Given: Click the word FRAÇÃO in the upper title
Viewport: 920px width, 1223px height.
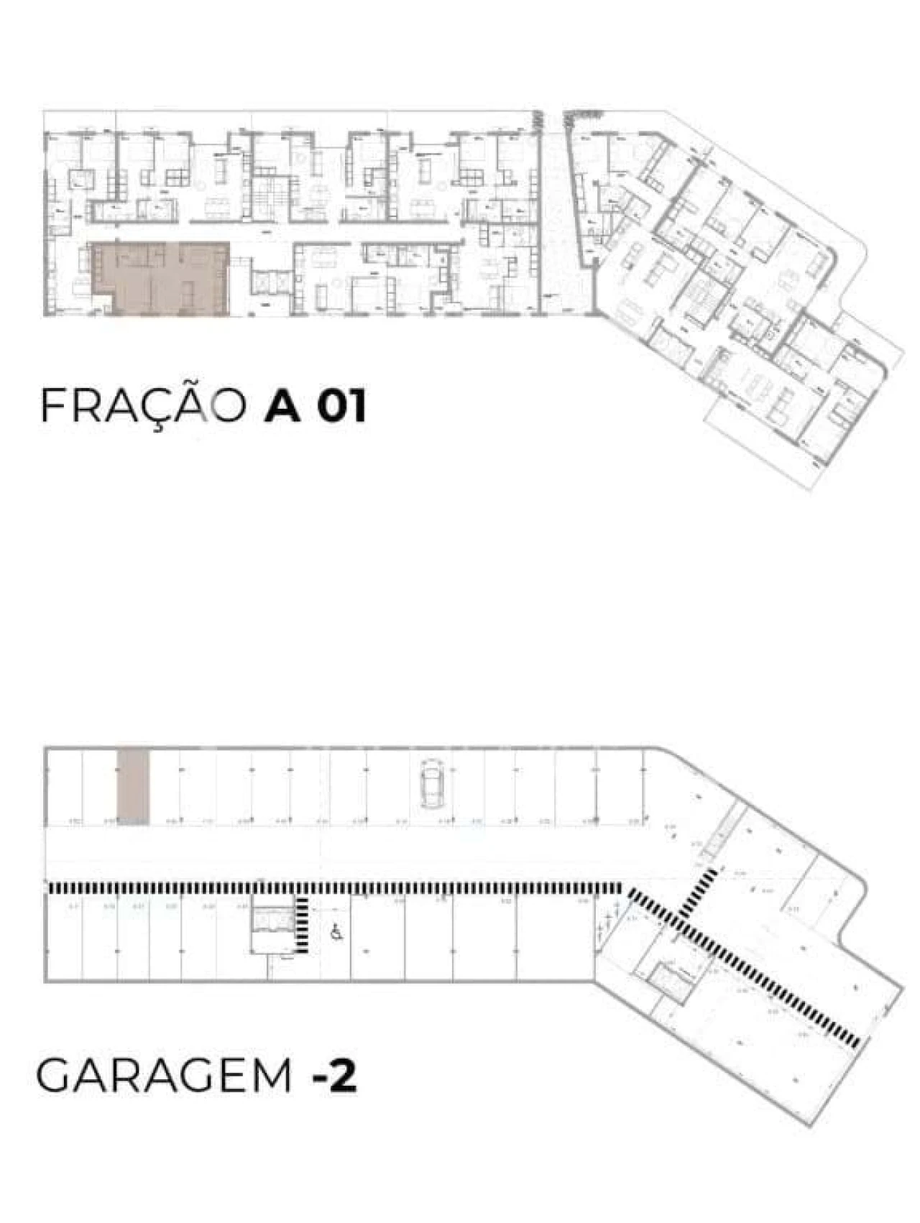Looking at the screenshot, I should (142, 405).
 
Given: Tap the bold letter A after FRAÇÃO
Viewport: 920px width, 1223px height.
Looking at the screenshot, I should (282, 406).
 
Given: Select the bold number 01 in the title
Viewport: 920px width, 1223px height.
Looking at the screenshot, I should (342, 406).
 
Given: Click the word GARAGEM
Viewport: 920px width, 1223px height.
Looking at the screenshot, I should (164, 1076).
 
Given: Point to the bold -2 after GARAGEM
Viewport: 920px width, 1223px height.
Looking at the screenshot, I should (335, 1076).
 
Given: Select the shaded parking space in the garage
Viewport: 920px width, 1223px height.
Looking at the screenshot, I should (133, 786).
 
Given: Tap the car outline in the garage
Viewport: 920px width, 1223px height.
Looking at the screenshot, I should (431, 782).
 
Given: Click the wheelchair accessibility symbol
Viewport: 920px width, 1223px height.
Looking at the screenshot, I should (336, 933).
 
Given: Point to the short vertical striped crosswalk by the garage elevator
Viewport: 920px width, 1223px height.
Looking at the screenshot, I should (303, 926).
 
